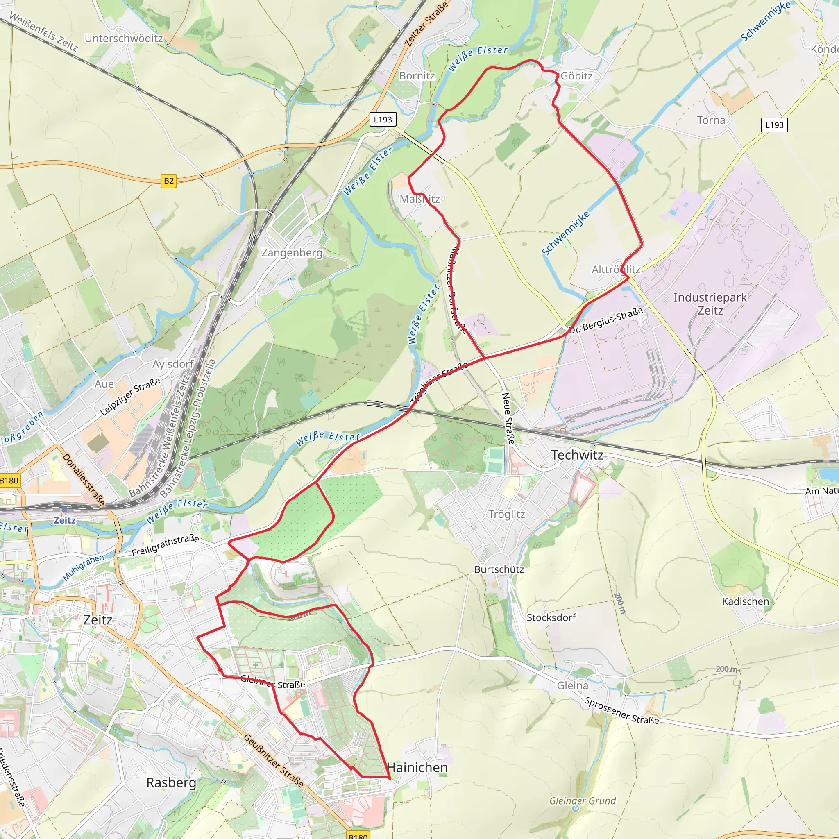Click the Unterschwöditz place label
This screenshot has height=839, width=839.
124,39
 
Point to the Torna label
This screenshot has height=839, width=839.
711,120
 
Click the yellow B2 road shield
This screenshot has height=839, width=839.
169,181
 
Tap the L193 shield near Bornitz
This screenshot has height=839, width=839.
383,120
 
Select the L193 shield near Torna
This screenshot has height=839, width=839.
774,125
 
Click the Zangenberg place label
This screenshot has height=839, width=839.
292,253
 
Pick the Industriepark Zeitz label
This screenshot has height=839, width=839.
710,304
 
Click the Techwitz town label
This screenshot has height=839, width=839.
577,455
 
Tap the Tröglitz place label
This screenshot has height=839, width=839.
506,515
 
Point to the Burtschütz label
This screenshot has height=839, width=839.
499,569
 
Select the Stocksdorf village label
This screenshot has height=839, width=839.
551,617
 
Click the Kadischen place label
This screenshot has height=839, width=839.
745,601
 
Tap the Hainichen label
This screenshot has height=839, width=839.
417,767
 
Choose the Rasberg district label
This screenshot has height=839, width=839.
171,782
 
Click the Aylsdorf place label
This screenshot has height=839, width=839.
172,364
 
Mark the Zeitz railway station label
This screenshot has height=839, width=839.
64,520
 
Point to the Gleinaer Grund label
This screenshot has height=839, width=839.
583,801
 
